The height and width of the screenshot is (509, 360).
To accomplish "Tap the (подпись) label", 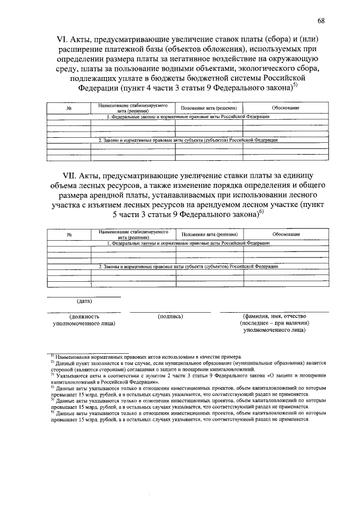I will (x=170, y=317).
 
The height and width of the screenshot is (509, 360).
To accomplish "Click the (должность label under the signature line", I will (x=83, y=317).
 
